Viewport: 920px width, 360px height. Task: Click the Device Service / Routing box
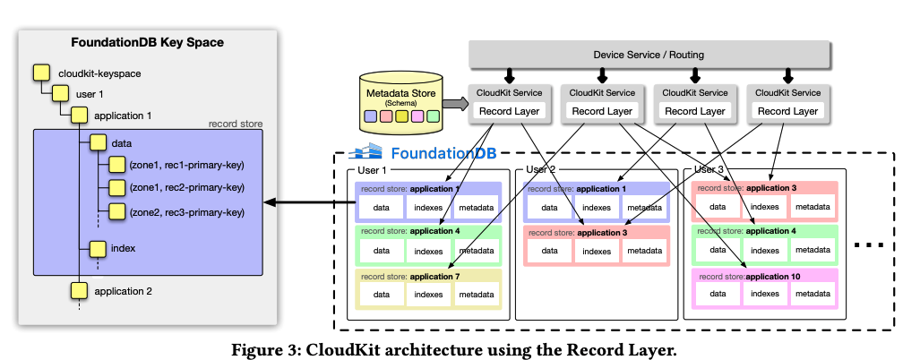click(x=649, y=55)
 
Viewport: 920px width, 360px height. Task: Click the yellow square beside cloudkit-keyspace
click(x=39, y=72)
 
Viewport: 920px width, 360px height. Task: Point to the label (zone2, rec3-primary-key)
click(x=186, y=212)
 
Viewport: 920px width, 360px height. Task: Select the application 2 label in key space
click(x=124, y=291)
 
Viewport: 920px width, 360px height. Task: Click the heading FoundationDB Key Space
click(x=147, y=42)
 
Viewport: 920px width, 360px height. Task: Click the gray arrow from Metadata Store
click(x=455, y=104)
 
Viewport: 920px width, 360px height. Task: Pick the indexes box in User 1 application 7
click(x=428, y=294)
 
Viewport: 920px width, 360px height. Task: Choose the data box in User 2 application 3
click(x=549, y=251)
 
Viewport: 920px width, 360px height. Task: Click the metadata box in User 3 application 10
click(x=812, y=294)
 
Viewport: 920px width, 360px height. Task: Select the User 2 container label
click(x=541, y=169)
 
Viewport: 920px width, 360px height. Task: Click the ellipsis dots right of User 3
click(x=870, y=244)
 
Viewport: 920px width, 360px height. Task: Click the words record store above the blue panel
click(x=235, y=124)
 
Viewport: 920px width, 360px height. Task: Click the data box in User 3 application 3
click(x=718, y=207)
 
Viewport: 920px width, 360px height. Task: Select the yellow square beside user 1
click(x=59, y=93)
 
